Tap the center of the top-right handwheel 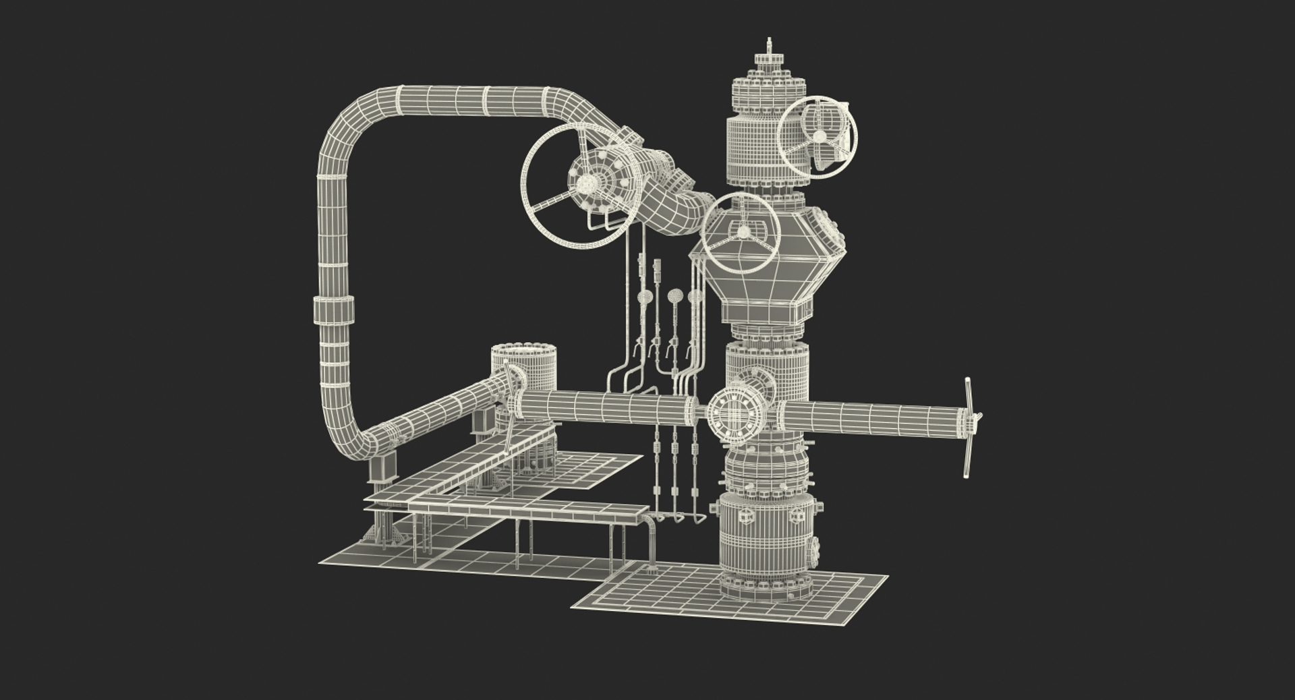point(817,137)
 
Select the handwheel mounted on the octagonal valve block point(741,231)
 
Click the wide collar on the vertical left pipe point(333,310)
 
